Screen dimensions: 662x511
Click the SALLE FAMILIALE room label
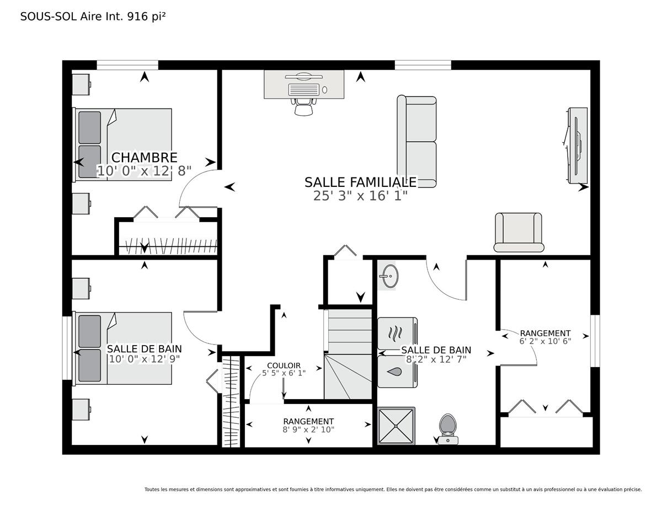tap(360, 182)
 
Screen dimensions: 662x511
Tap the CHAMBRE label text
tap(144, 158)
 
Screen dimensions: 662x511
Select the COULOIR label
tap(284, 365)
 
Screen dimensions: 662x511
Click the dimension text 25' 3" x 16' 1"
tap(360, 196)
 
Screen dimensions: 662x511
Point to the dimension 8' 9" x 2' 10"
tap(308, 429)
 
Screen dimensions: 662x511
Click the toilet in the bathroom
tap(447, 429)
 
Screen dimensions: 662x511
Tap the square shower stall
tap(396, 426)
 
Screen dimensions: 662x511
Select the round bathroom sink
tap(389, 276)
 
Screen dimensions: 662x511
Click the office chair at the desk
tap(303, 107)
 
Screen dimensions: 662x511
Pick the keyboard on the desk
tap(304, 89)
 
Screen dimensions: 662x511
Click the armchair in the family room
tap(519, 232)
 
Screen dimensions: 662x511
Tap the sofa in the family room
tap(417, 141)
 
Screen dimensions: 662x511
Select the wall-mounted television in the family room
tap(575, 146)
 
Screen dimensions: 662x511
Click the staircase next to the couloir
tap(348, 354)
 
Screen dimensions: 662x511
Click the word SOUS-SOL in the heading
tap(49, 17)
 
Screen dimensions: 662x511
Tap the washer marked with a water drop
tap(397, 372)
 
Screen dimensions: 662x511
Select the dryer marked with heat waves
tap(397, 334)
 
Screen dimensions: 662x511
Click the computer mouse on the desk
tap(324, 90)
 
